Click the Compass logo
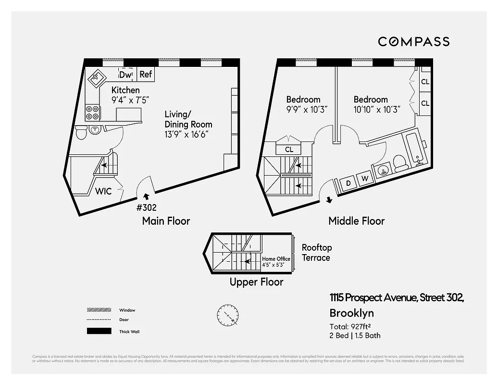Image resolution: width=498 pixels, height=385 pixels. click(413, 41)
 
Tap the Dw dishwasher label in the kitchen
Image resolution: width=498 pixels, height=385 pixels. click(125, 75)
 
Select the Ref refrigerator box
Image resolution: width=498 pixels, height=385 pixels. click(146, 74)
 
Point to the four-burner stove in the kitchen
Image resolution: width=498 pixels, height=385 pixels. click(93, 113)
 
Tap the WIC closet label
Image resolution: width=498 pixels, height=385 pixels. click(103, 191)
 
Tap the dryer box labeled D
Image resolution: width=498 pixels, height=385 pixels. click(349, 183)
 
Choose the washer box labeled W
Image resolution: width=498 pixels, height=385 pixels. click(364, 179)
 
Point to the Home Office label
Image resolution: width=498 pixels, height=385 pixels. click(276, 259)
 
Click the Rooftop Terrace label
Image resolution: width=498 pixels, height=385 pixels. click(316, 253)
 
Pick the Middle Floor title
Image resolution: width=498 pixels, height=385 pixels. click(356, 221)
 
